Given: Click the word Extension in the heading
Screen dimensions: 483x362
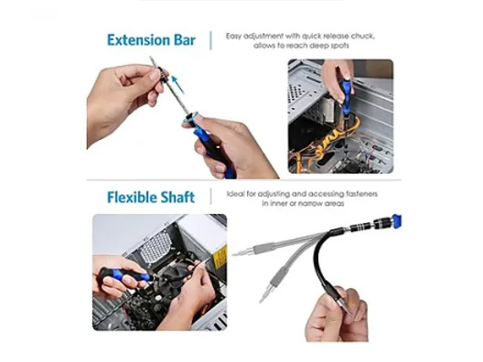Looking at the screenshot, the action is click(x=138, y=40).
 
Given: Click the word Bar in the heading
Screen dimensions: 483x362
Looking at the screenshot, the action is click(x=185, y=40).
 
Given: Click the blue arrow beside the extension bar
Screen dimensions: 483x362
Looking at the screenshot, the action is click(x=177, y=84).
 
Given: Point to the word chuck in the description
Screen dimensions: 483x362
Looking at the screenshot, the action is click(x=363, y=36).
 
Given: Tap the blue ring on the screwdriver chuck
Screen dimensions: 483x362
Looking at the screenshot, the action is click(x=191, y=118).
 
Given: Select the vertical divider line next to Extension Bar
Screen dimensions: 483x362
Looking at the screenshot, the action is click(x=211, y=40).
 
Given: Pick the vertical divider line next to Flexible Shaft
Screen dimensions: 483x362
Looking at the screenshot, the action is click(x=211, y=197).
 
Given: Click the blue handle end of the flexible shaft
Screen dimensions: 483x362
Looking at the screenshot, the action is click(x=396, y=221).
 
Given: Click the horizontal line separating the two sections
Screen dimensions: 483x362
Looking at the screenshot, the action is click(x=244, y=180).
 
